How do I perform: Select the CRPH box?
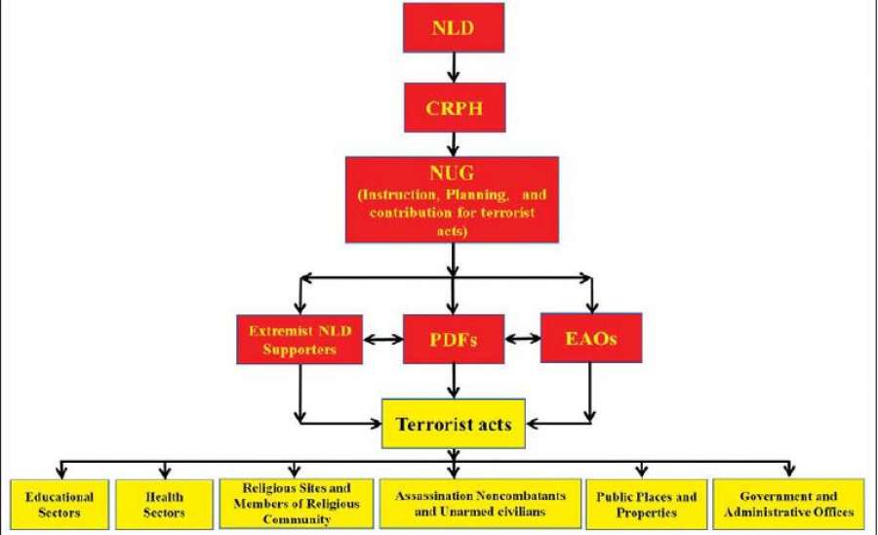453,108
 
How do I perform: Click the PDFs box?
454,339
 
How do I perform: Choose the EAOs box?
590,338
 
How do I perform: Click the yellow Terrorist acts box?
454,424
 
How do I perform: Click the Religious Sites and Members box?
296,502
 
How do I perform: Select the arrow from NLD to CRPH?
453,67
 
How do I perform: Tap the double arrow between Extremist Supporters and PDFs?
382,340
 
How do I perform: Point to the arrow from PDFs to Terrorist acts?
454,380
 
